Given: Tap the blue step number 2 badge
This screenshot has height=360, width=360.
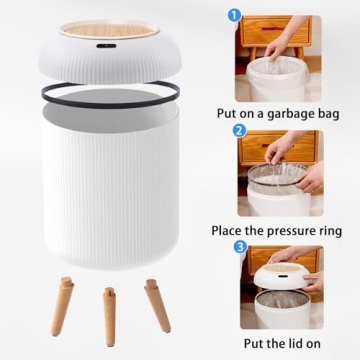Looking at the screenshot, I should [x=239, y=130].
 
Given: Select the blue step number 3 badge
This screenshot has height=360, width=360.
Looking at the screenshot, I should [x=239, y=246].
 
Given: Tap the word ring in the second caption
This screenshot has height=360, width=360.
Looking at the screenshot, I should [x=338, y=230].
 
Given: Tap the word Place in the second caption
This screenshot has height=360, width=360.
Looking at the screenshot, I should [x=231, y=230].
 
